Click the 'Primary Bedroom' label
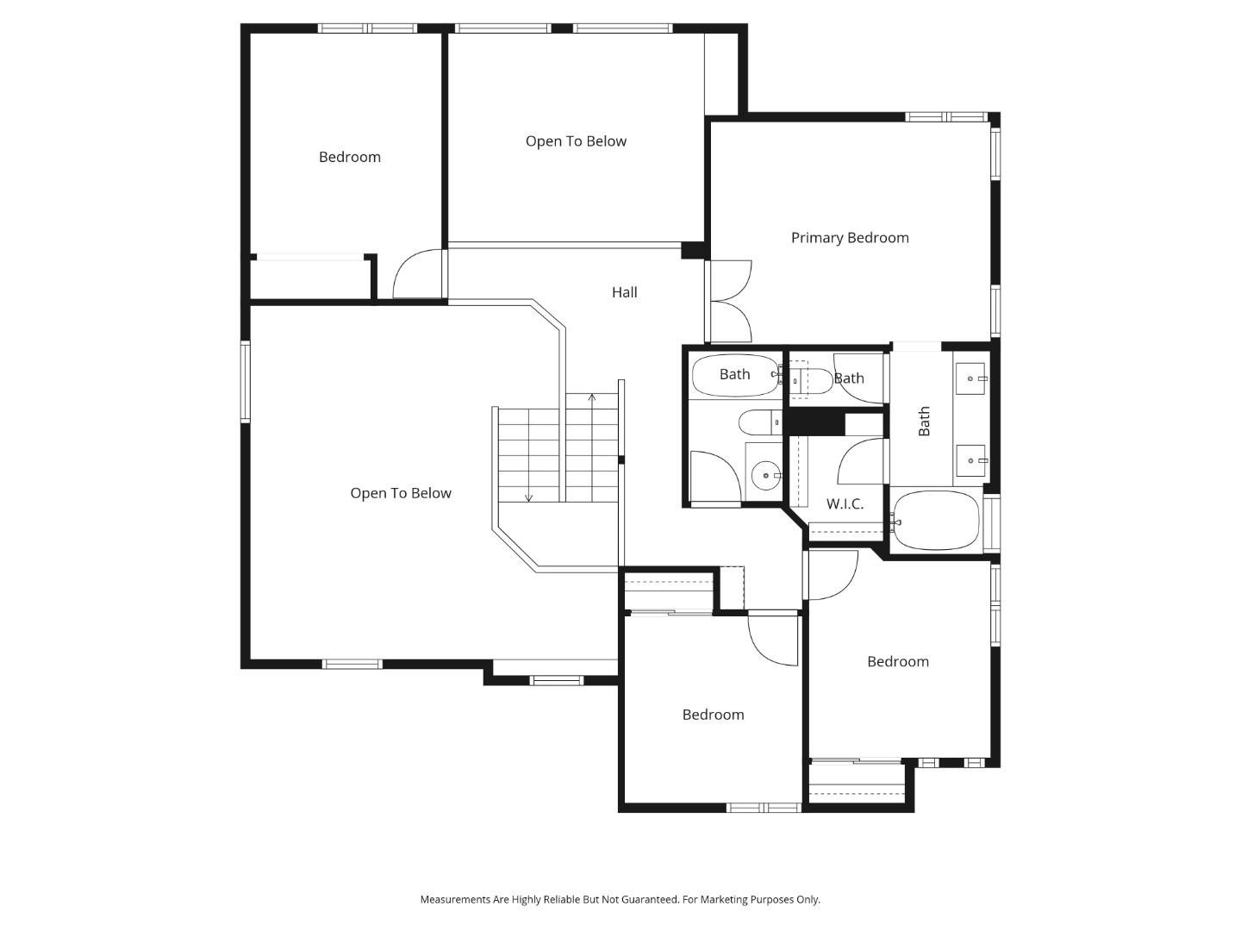pyautogui.click(x=850, y=238)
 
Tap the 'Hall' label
pyautogui.click(x=625, y=292)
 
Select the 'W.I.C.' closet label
pyautogui.click(x=845, y=504)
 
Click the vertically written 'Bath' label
pyautogui.click(x=924, y=422)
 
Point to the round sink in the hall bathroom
pyautogui.click(x=764, y=475)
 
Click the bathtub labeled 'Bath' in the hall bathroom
pyautogui.click(x=734, y=375)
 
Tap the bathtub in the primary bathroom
pyautogui.click(x=936, y=521)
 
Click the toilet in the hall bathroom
pyautogui.click(x=758, y=422)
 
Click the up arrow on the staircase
pyautogui.click(x=592, y=398)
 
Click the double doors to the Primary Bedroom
pyautogui.click(x=730, y=302)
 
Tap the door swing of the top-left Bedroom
pyautogui.click(x=418, y=274)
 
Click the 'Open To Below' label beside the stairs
pyautogui.click(x=401, y=493)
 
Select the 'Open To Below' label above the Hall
pyautogui.click(x=576, y=141)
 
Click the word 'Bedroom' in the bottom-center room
pyautogui.click(x=713, y=715)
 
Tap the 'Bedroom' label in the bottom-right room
pyautogui.click(x=898, y=662)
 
